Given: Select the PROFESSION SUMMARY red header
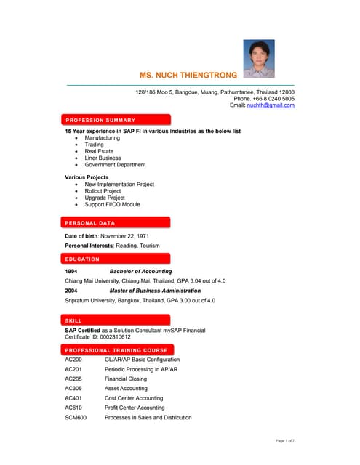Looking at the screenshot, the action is (x=100, y=120).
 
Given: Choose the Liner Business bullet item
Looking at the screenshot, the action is (x=103, y=158).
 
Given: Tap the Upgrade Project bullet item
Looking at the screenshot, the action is (x=105, y=198).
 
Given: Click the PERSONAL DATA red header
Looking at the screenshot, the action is (x=90, y=222).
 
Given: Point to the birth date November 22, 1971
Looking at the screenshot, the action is (x=129, y=236).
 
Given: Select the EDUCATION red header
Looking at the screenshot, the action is (x=82, y=259).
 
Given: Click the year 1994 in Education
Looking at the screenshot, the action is (x=71, y=271).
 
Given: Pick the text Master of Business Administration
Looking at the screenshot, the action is (x=160, y=291).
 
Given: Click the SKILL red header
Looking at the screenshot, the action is (x=73, y=320).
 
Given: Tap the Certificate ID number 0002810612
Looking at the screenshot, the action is (x=113, y=336).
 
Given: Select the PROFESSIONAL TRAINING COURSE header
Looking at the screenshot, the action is (x=116, y=350).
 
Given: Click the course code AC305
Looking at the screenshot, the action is (x=73, y=389).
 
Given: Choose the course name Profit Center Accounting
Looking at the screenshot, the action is (x=135, y=408).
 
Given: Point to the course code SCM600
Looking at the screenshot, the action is (x=76, y=418).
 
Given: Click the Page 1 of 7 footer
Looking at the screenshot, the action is (x=285, y=440).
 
